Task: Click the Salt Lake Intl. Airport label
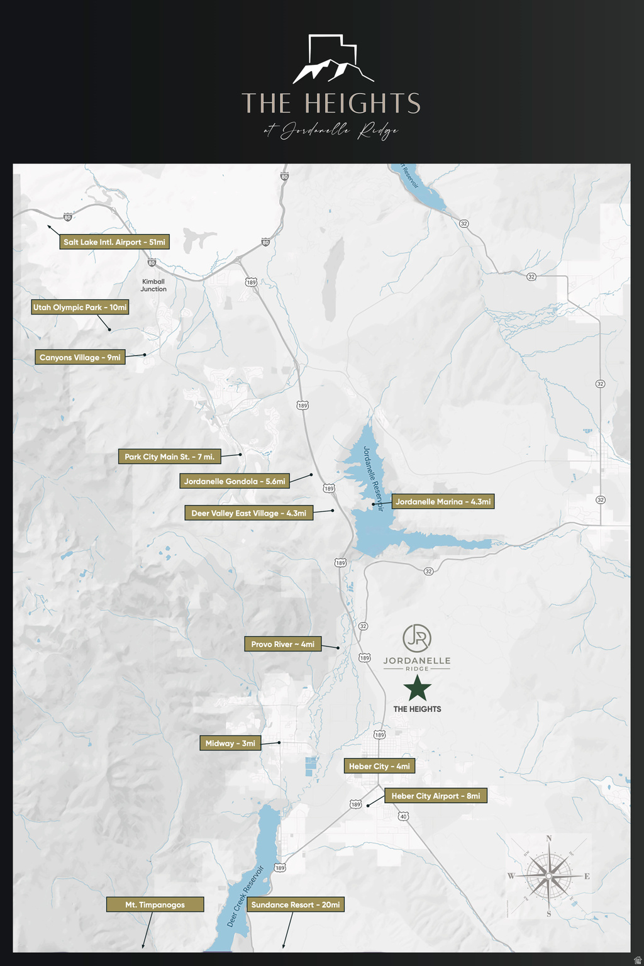pyautogui.click(x=114, y=242)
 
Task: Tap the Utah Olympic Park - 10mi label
pyautogui.click(x=80, y=308)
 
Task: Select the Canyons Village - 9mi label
pyautogui.click(x=80, y=357)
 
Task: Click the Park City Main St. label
pyautogui.click(x=169, y=457)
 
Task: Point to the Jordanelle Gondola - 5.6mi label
pyautogui.click(x=235, y=481)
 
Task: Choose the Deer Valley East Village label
pyautogui.click(x=248, y=513)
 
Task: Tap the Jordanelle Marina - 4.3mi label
pyautogui.click(x=443, y=501)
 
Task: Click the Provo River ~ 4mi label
pyautogui.click(x=282, y=644)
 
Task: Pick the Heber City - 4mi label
pyautogui.click(x=379, y=766)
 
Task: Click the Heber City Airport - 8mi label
pyautogui.click(x=435, y=796)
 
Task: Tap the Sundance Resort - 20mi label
pyautogui.click(x=296, y=905)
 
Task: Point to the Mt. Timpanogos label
pyautogui.click(x=155, y=905)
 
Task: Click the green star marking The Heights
pyautogui.click(x=417, y=688)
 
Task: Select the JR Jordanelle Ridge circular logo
pyautogui.click(x=417, y=638)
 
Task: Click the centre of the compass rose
pyautogui.click(x=548, y=876)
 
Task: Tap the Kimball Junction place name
pyautogui.click(x=153, y=286)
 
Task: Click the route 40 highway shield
pyautogui.click(x=403, y=816)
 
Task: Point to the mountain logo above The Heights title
pyautogui.click(x=333, y=60)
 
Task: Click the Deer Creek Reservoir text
pyautogui.click(x=245, y=896)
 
